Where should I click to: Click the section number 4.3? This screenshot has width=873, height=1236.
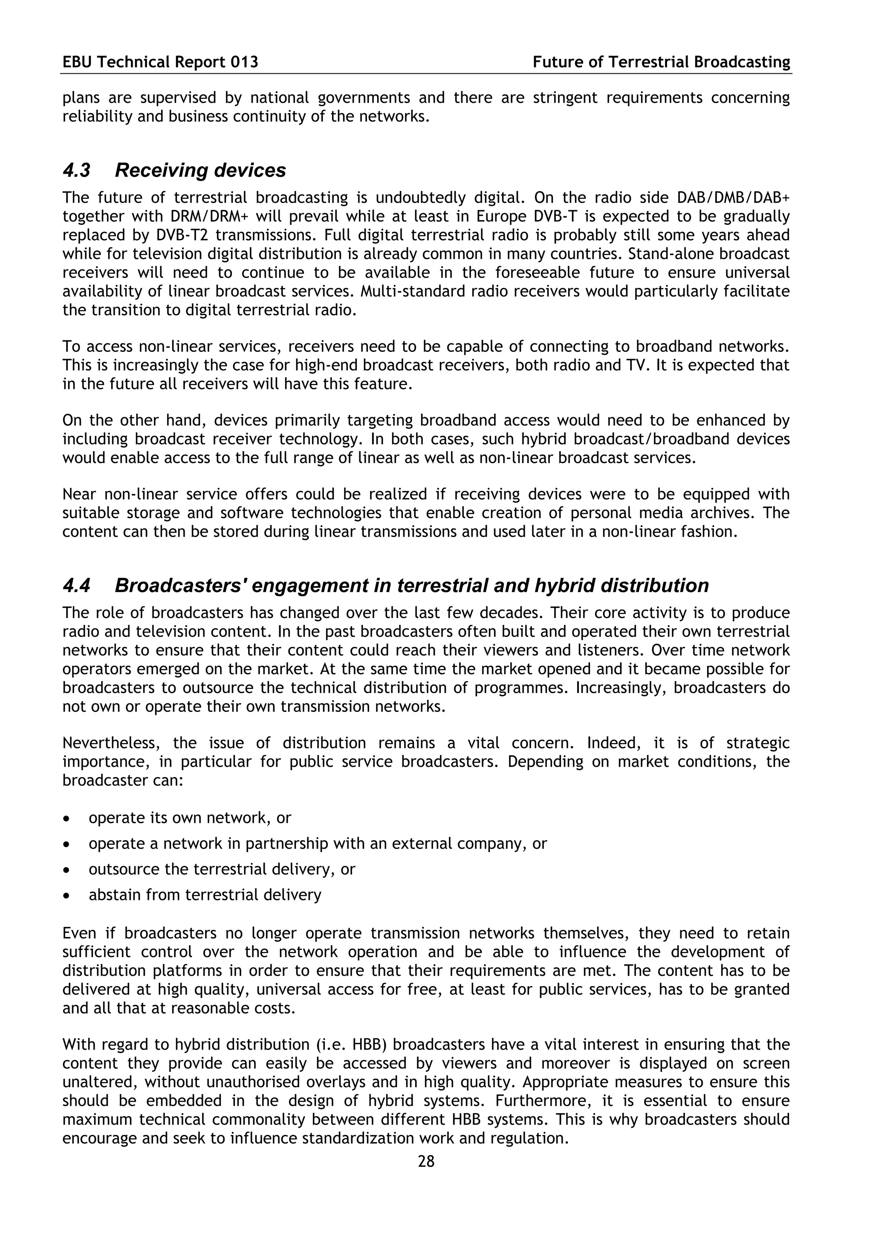coord(76,171)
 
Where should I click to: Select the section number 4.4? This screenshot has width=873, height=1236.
coord(76,586)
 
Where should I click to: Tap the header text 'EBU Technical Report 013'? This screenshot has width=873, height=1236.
coord(160,62)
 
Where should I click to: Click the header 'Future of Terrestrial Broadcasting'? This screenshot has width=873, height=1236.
coord(661,62)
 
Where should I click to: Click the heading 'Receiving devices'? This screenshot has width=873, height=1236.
coord(200,171)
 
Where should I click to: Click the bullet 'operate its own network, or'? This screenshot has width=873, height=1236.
coord(189,818)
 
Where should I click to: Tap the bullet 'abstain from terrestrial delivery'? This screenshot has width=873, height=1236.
coord(205,895)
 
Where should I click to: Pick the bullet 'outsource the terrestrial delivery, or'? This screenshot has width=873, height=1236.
coord(222,869)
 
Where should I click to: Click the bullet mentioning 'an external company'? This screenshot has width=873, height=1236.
coord(317,843)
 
